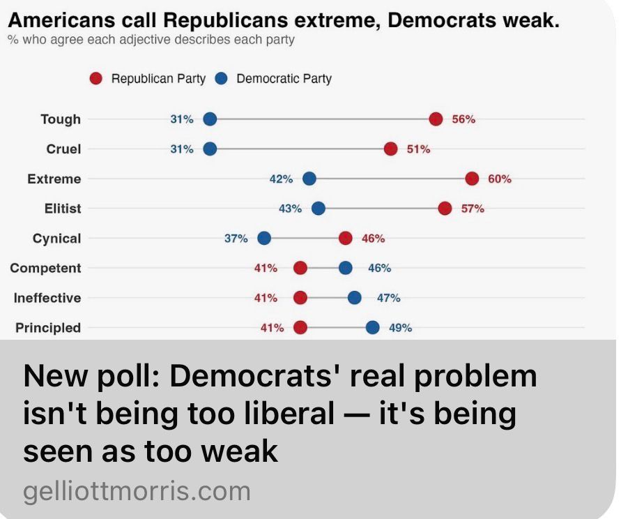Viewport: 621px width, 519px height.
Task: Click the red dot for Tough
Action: tap(436, 119)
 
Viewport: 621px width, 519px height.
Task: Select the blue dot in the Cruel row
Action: tap(210, 149)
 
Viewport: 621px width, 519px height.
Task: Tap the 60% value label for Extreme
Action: tap(499, 179)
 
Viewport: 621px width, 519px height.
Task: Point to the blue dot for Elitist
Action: tap(319, 209)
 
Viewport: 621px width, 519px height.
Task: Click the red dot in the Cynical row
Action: tap(345, 239)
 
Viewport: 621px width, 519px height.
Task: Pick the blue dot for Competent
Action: tap(346, 268)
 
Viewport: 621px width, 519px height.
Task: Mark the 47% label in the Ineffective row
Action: tap(388, 298)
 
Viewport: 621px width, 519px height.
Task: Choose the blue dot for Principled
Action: tap(373, 328)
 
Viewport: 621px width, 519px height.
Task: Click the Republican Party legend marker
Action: tap(97, 79)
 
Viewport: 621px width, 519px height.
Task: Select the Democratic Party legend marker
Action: tap(222, 79)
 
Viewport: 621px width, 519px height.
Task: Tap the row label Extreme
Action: tap(54, 179)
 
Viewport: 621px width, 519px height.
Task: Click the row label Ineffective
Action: tap(47, 298)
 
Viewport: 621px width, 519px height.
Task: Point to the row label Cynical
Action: tap(56, 239)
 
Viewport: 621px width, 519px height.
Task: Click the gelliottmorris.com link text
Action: tap(137, 491)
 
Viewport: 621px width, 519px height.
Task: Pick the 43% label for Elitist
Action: tap(290, 209)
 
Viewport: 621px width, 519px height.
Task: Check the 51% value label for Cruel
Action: tap(418, 149)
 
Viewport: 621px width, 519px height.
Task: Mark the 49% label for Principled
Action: tap(400, 328)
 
